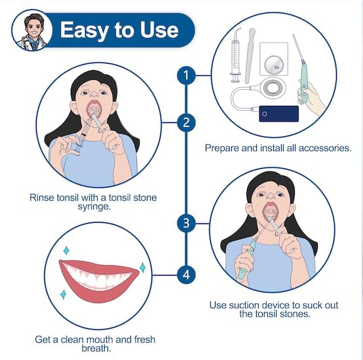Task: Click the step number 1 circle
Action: [x=186, y=75]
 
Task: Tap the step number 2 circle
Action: [x=186, y=122]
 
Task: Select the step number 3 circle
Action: [x=186, y=223]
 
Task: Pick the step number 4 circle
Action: [x=186, y=275]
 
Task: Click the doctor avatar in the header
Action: [x=32, y=30]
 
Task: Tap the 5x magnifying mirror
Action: [x=274, y=65]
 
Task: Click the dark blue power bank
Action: [x=278, y=113]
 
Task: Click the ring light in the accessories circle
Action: [x=273, y=88]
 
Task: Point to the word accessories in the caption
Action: [x=325, y=148]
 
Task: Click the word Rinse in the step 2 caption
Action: [x=42, y=198]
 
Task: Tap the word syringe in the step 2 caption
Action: [x=94, y=206]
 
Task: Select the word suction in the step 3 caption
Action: [x=244, y=305]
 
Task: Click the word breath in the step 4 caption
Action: [x=96, y=348]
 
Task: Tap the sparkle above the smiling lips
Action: [x=66, y=251]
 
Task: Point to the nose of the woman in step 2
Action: [x=94, y=93]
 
